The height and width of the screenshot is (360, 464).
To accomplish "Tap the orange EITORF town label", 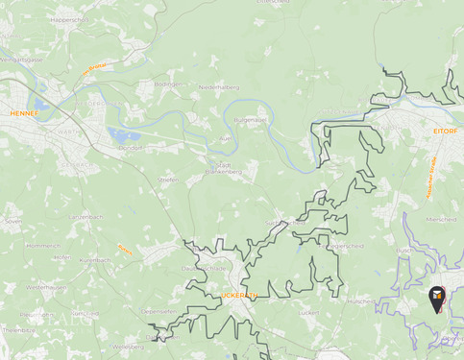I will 445,129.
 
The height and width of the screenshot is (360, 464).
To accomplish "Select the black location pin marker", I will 437,298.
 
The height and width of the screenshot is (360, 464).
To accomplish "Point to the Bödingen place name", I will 167,84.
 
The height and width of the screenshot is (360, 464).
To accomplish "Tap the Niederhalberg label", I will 218,87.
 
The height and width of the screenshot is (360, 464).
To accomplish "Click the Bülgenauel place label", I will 250,120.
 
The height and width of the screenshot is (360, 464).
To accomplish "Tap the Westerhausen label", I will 46,287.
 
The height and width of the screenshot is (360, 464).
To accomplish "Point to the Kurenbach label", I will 95,260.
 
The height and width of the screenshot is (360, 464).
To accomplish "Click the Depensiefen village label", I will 158,311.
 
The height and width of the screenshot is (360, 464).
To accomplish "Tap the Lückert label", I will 308,312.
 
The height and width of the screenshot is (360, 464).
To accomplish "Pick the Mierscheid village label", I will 440,218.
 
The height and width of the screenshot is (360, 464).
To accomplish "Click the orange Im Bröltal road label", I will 94,68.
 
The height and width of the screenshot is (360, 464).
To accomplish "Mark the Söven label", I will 12,221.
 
